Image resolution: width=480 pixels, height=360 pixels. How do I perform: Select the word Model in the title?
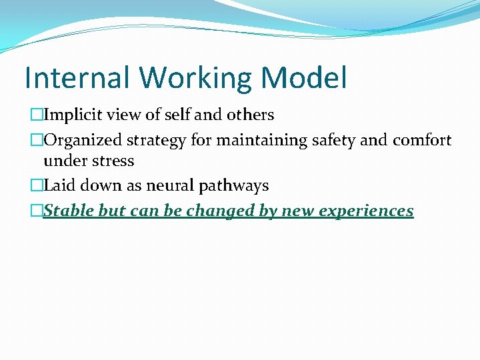tap(305, 77)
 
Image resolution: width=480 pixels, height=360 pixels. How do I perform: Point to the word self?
tap(177, 115)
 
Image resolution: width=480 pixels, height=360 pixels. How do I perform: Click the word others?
tap(250, 115)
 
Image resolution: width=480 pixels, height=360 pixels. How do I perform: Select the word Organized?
tap(81, 141)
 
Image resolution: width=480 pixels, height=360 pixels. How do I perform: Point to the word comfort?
tap(421, 141)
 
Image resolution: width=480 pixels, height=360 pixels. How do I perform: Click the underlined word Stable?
tap(69, 211)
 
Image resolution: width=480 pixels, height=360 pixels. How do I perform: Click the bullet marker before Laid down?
tap(37, 186)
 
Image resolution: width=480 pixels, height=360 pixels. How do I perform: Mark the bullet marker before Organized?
tap(37, 141)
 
